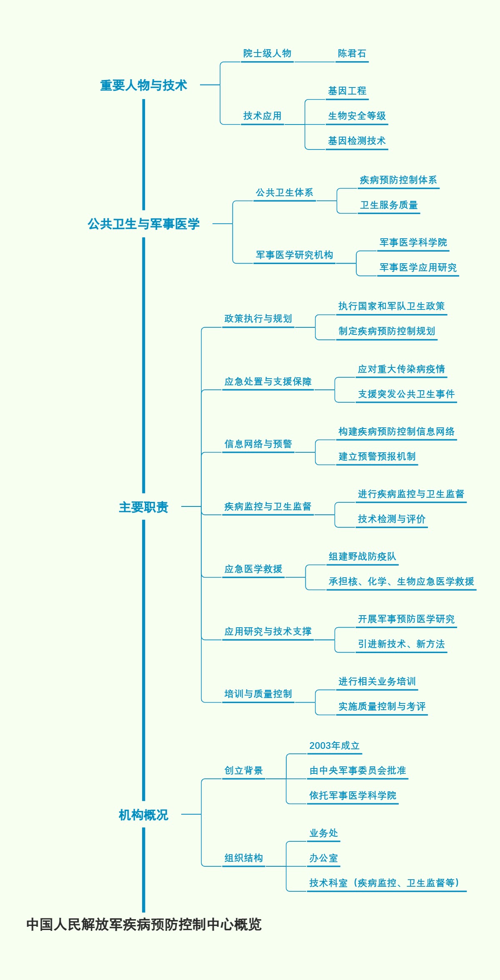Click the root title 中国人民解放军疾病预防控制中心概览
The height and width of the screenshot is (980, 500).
coord(144,924)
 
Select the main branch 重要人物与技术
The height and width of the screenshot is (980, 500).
coord(144,85)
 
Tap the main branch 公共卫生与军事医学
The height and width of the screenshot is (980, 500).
coord(144,224)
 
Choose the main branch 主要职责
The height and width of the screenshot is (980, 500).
coord(144,507)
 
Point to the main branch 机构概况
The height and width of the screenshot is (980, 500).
coord(144,815)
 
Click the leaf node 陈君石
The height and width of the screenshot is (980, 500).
coord(352,54)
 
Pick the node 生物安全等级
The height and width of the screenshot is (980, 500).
coord(357,116)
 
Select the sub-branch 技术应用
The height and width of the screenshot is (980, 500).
coord(262,116)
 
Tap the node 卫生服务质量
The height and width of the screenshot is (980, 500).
coord(389,205)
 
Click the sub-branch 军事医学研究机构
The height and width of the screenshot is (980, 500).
coord(295,255)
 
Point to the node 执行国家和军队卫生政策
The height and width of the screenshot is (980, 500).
coord(392,307)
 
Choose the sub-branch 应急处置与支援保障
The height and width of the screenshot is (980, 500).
coord(268,382)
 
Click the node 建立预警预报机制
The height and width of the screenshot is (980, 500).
coord(377,457)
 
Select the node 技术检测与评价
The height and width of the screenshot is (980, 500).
coord(392,519)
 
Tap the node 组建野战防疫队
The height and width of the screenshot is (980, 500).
coord(362,557)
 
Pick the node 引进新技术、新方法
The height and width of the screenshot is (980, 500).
coord(401,644)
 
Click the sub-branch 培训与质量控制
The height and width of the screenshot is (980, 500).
coord(258,694)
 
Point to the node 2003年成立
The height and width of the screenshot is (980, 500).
coord(335,746)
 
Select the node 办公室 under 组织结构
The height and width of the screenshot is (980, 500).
coord(324,858)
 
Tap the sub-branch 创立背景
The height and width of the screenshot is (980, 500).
coord(244,771)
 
